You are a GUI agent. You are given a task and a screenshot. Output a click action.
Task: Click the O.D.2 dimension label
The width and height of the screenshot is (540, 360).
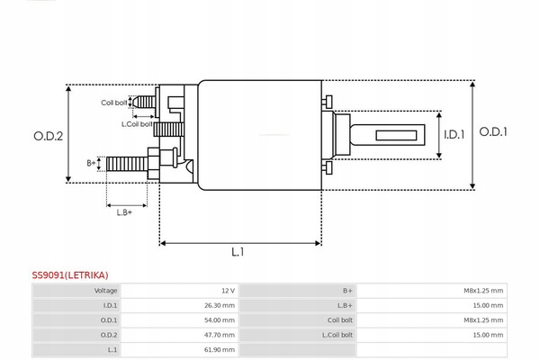click(48, 136)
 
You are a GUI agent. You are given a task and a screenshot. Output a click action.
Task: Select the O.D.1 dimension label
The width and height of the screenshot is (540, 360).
click(493, 131)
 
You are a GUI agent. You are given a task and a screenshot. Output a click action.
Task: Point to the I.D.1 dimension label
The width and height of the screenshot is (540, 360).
click(454, 135)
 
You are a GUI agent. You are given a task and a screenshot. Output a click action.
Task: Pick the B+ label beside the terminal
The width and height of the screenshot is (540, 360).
click(91, 163)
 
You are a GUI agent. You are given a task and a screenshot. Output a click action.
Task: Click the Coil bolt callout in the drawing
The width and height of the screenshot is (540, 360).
click(113, 103)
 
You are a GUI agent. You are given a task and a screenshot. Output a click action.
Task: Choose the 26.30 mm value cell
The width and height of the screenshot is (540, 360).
click(220, 305)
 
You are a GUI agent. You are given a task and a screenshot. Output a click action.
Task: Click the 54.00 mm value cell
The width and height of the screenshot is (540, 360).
click(220, 319)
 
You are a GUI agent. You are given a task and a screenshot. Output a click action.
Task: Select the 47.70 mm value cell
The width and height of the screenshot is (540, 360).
click(220, 334)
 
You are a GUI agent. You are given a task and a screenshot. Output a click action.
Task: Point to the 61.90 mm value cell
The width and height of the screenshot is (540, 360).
click(220, 348)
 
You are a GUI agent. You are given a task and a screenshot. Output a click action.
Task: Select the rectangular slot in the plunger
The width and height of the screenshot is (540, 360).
click(396, 137)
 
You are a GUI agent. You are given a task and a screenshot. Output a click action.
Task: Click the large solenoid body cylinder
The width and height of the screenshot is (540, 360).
click(259, 135)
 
